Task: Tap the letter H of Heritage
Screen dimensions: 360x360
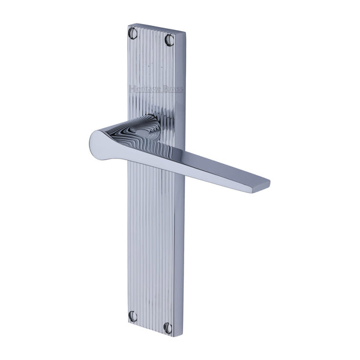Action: pos(131,89)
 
